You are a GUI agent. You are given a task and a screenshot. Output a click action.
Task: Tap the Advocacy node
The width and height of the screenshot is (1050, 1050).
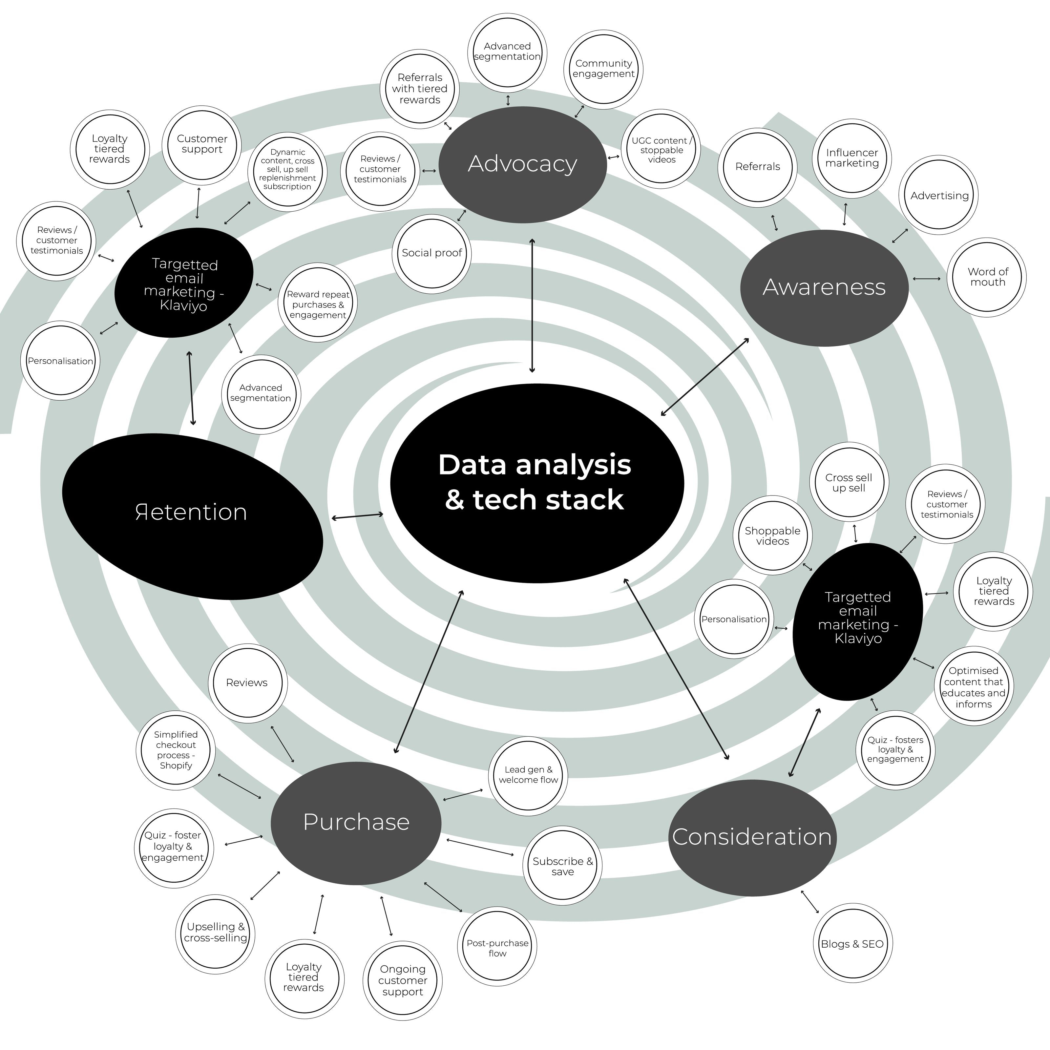522,164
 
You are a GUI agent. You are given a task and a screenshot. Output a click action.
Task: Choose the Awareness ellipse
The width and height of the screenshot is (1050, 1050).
824,287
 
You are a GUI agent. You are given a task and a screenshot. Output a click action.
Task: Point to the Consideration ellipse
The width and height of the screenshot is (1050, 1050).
752,837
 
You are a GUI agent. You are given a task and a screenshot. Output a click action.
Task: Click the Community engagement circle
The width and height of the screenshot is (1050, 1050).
603,69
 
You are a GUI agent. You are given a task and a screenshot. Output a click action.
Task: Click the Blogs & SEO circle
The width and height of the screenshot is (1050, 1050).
852,944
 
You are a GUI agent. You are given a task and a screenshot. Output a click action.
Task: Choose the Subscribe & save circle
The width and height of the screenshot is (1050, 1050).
562,866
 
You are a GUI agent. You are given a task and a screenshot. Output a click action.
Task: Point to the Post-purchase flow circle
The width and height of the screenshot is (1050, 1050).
497,948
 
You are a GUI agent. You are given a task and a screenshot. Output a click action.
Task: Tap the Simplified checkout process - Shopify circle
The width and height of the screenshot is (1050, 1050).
176,750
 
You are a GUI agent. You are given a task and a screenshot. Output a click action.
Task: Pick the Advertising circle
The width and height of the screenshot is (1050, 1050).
939,196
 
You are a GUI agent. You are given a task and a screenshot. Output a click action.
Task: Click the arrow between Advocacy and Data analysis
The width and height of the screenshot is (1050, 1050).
532,305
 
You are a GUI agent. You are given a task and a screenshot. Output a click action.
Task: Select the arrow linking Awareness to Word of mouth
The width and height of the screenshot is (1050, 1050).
927,279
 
